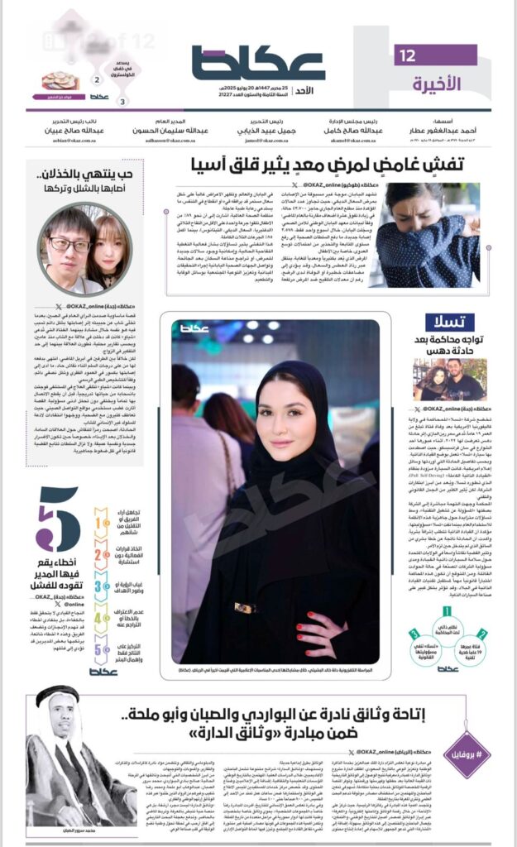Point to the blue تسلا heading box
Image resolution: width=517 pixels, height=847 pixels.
pos(450,323)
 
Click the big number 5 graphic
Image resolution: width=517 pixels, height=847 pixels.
pos(58,519)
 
